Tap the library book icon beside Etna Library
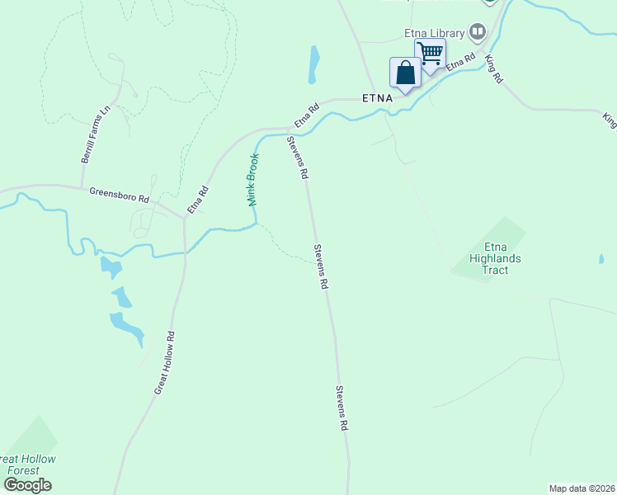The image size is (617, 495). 478,33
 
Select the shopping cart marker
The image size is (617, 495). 430,54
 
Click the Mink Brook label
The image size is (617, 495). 253,179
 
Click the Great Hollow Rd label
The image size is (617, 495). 165,362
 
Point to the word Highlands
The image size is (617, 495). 495,258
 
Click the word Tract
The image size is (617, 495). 495,270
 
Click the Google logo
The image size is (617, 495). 27,485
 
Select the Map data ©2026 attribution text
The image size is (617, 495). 582,488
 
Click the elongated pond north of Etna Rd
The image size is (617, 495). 313,64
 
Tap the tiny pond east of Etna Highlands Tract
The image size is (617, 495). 601,259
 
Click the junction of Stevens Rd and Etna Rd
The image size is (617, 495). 287,130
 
